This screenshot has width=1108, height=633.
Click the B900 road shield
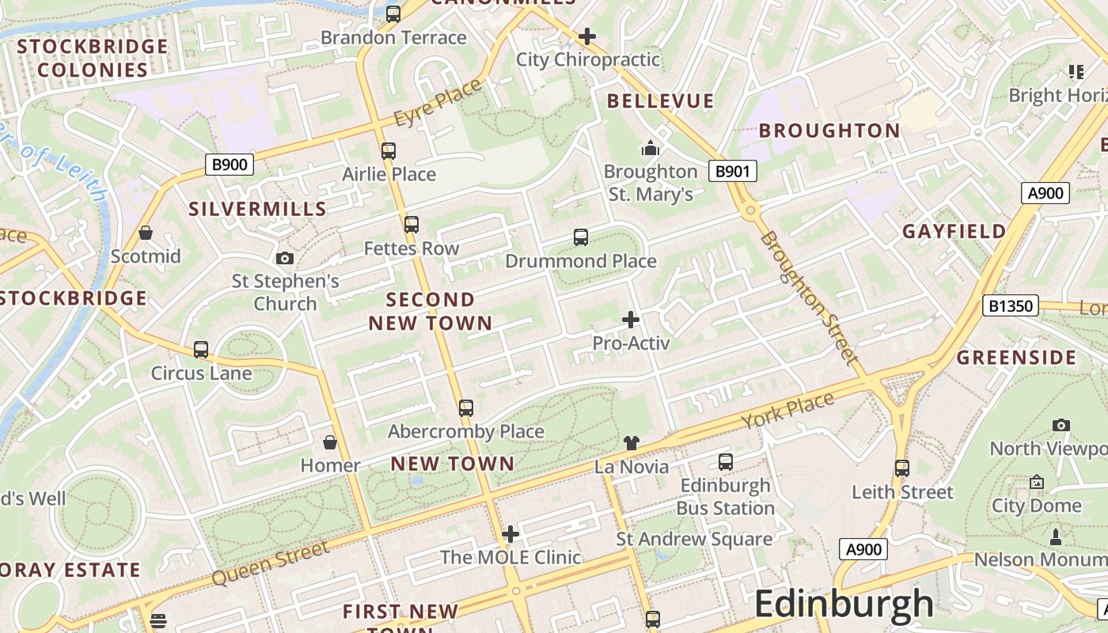click(230, 165)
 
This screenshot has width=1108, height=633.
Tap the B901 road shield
click(732, 171)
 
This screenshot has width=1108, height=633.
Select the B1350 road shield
click(1010, 305)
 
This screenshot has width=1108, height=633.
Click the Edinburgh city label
click(844, 605)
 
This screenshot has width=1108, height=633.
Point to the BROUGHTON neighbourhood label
click(829, 131)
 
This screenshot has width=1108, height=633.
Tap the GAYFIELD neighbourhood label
click(954, 232)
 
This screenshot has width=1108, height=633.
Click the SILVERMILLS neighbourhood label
click(257, 209)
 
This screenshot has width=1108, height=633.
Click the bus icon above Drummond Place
click(581, 237)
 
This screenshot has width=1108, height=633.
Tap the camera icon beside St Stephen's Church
click(284, 258)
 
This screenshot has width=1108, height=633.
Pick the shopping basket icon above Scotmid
click(146, 233)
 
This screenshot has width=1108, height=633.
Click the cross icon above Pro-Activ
click(631, 320)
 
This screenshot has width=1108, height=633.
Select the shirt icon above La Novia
click(631, 443)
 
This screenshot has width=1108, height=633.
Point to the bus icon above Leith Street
click(902, 468)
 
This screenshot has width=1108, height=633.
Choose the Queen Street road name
click(270, 563)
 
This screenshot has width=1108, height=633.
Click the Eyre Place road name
click(438, 103)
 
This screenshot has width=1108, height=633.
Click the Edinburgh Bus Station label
click(726, 496)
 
